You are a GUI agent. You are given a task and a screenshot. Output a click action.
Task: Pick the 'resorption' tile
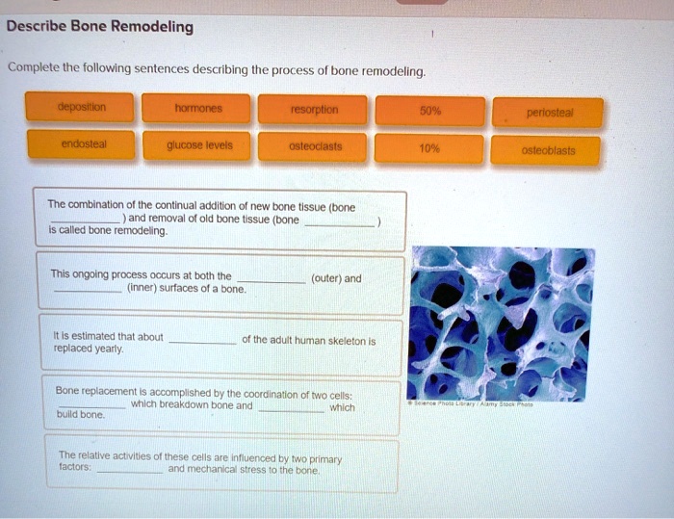pyautogui.click(x=313, y=109)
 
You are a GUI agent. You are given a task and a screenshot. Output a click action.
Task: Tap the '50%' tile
pyautogui.click(x=429, y=110)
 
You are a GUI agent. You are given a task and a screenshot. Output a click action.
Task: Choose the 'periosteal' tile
pyautogui.click(x=548, y=113)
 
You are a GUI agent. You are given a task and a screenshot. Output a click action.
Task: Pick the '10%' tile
pyautogui.click(x=429, y=149)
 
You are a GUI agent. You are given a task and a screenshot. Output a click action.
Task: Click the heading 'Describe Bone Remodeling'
pyautogui.click(x=100, y=27)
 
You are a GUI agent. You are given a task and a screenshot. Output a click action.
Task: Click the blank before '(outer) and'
pyautogui.click(x=270, y=280)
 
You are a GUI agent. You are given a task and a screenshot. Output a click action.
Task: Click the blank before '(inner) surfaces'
pyautogui.click(x=88, y=289)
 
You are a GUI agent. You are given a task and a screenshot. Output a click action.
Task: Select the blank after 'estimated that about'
pyautogui.click(x=202, y=341)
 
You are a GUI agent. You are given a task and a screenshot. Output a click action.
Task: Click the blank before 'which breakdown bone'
pyautogui.click(x=91, y=406)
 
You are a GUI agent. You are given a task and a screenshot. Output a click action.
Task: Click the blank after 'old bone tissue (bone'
pyautogui.click(x=340, y=221)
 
